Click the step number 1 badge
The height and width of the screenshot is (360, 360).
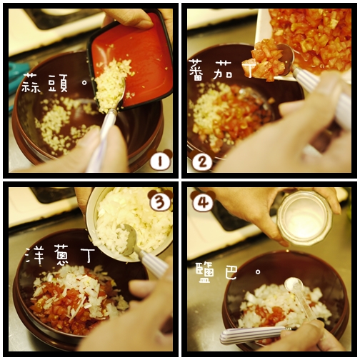click(160, 160)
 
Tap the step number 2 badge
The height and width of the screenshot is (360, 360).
click(202, 161)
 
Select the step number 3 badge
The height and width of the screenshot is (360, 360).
click(161, 201)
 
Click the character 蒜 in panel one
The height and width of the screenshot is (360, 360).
click(30, 83)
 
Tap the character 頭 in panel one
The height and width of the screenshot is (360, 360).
click(58, 84)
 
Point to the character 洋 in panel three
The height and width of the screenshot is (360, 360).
click(35, 256)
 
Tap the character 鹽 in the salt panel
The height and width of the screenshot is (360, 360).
click(205, 272)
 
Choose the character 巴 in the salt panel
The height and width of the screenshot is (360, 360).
click(231, 272)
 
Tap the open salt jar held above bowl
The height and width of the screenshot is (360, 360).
click(305, 218)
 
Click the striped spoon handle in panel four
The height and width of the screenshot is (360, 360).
click(252, 335)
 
